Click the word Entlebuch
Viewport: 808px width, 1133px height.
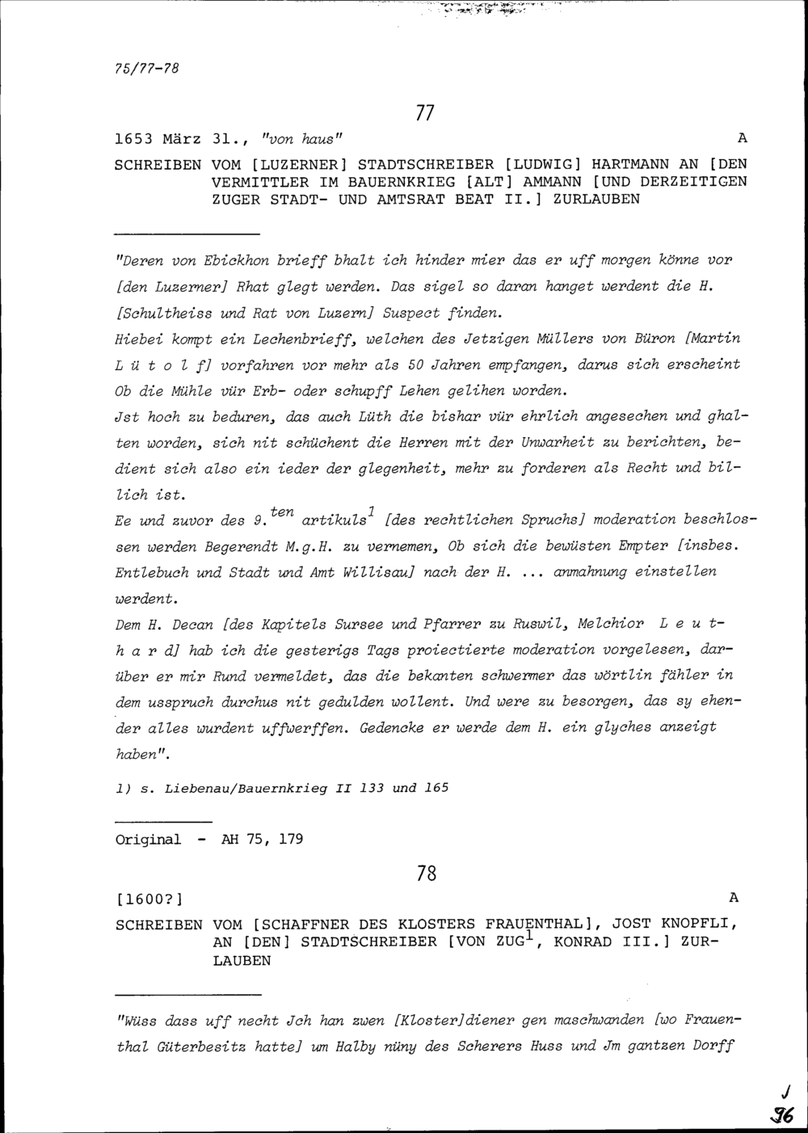[152, 573]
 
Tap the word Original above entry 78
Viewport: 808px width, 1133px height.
[149, 840]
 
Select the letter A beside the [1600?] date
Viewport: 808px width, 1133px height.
[733, 897]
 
